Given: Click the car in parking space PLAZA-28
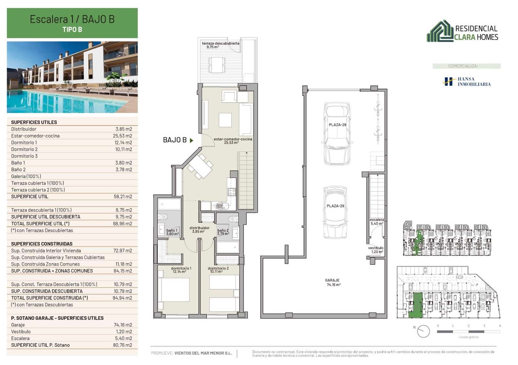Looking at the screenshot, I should [337, 134].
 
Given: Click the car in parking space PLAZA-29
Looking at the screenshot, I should [335, 212].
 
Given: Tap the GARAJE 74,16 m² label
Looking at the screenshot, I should [332, 282].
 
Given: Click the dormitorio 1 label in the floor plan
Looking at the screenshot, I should [181, 270].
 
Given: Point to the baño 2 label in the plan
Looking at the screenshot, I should [223, 232].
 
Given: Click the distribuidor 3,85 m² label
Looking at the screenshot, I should [199, 229].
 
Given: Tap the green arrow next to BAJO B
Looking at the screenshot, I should [192, 141].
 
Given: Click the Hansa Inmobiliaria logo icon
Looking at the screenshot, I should [448, 81].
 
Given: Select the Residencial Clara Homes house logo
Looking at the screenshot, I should [440, 32].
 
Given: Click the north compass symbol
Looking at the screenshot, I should [423, 331].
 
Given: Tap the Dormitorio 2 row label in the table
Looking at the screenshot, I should [24, 149].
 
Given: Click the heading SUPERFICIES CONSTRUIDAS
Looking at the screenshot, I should [42, 244].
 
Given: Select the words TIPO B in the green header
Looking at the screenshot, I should [72, 29].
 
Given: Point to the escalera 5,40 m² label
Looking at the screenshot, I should [377, 221].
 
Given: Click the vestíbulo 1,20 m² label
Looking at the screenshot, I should [376, 250].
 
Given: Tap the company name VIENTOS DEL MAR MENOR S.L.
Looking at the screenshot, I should [203, 353].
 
